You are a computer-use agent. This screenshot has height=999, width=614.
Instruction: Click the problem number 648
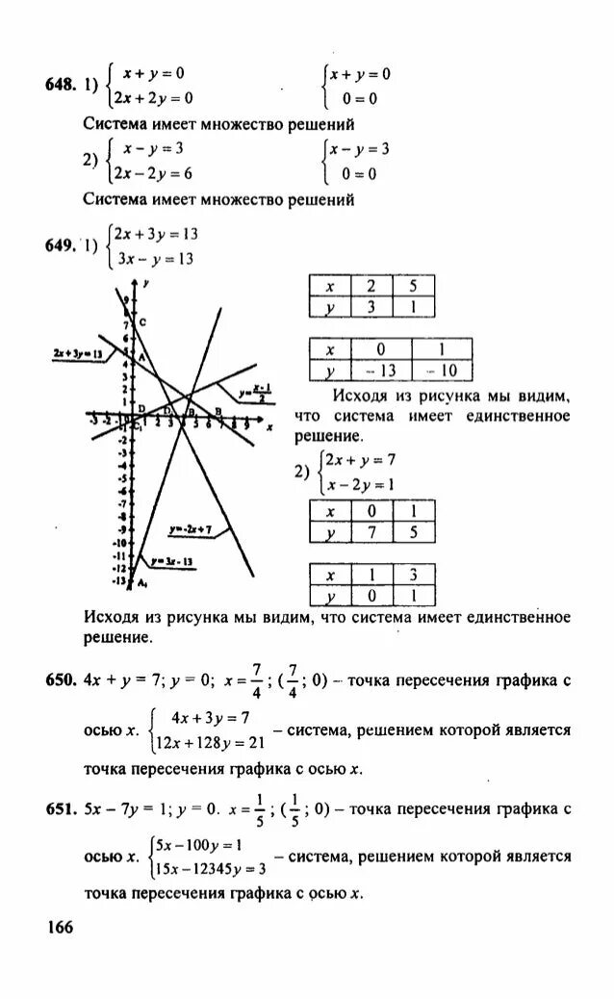point(61,85)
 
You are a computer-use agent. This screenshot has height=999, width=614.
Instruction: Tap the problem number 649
point(61,245)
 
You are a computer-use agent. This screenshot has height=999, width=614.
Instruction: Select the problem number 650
point(61,680)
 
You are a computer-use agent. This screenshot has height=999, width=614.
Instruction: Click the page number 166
point(58,927)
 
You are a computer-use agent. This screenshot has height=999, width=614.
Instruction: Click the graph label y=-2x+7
point(191,530)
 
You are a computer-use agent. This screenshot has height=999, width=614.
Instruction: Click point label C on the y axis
point(141,322)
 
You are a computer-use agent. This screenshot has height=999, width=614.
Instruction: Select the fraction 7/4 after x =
point(256,680)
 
